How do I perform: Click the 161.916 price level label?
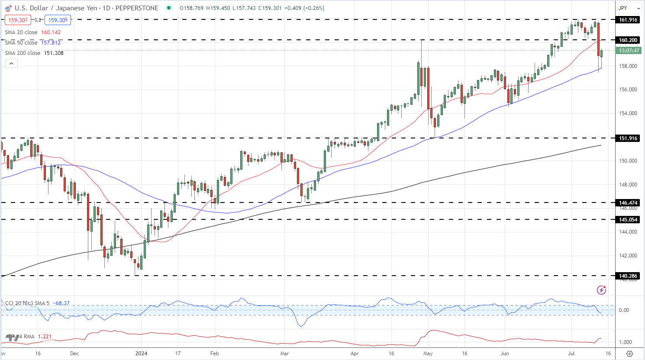(628, 20)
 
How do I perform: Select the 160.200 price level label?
(628, 40)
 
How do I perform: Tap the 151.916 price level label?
(628, 138)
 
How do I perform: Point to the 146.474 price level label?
(628, 202)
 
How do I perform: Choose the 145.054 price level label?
(628, 220)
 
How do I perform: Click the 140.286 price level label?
(628, 276)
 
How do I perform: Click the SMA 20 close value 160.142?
(51, 32)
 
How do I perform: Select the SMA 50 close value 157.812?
(51, 43)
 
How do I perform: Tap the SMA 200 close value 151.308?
(54, 53)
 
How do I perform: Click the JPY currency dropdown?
(629, 8)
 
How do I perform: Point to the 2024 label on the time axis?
(141, 354)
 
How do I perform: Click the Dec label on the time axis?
(74, 354)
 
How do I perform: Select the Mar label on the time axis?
(284, 354)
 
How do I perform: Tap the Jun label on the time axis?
(504, 354)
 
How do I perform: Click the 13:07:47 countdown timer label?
(629, 51)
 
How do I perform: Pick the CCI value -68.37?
(61, 303)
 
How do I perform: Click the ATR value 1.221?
(45, 337)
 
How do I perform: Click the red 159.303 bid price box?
(18, 20)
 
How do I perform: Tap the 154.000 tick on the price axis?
(628, 113)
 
